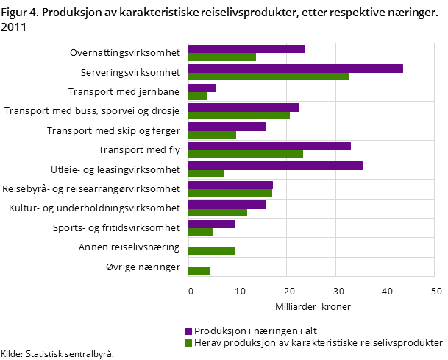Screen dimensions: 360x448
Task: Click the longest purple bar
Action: click(x=295, y=68)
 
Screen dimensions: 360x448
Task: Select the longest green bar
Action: click(x=269, y=77)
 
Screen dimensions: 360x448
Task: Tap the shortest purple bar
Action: click(x=202, y=88)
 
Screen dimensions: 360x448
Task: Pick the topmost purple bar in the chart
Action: click(x=246, y=49)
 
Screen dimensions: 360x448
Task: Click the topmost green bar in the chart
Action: click(x=221, y=57)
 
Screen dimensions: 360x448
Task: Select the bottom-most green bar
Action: click(x=199, y=271)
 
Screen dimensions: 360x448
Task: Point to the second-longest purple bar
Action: click(x=275, y=166)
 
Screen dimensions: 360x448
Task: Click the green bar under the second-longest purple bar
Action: click(x=205, y=174)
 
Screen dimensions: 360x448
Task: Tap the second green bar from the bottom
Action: click(x=211, y=252)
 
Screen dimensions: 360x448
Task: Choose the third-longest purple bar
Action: click(x=269, y=146)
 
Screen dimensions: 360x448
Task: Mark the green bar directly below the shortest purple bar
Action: click(x=197, y=96)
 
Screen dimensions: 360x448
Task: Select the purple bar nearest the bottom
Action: click(x=211, y=224)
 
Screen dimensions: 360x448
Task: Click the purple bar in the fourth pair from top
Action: click(x=243, y=107)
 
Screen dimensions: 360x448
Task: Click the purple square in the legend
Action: click(x=188, y=331)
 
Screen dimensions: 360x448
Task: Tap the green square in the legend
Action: click(x=188, y=343)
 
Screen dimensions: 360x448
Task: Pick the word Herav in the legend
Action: click(x=207, y=343)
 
